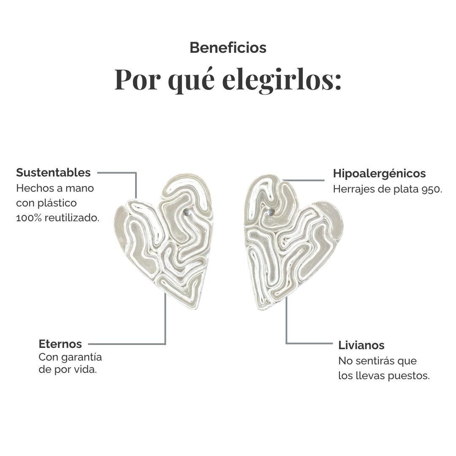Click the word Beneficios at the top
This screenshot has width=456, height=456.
(228, 48)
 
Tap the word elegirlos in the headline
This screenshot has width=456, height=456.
(282, 79)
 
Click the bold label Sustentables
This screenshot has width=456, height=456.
(54, 172)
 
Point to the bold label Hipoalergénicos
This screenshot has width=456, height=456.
(379, 174)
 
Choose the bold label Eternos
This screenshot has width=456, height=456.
(60, 344)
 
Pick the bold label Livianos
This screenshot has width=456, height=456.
(361, 345)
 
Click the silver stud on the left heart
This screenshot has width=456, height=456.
(187, 212)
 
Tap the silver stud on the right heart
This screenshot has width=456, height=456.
(271, 212)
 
